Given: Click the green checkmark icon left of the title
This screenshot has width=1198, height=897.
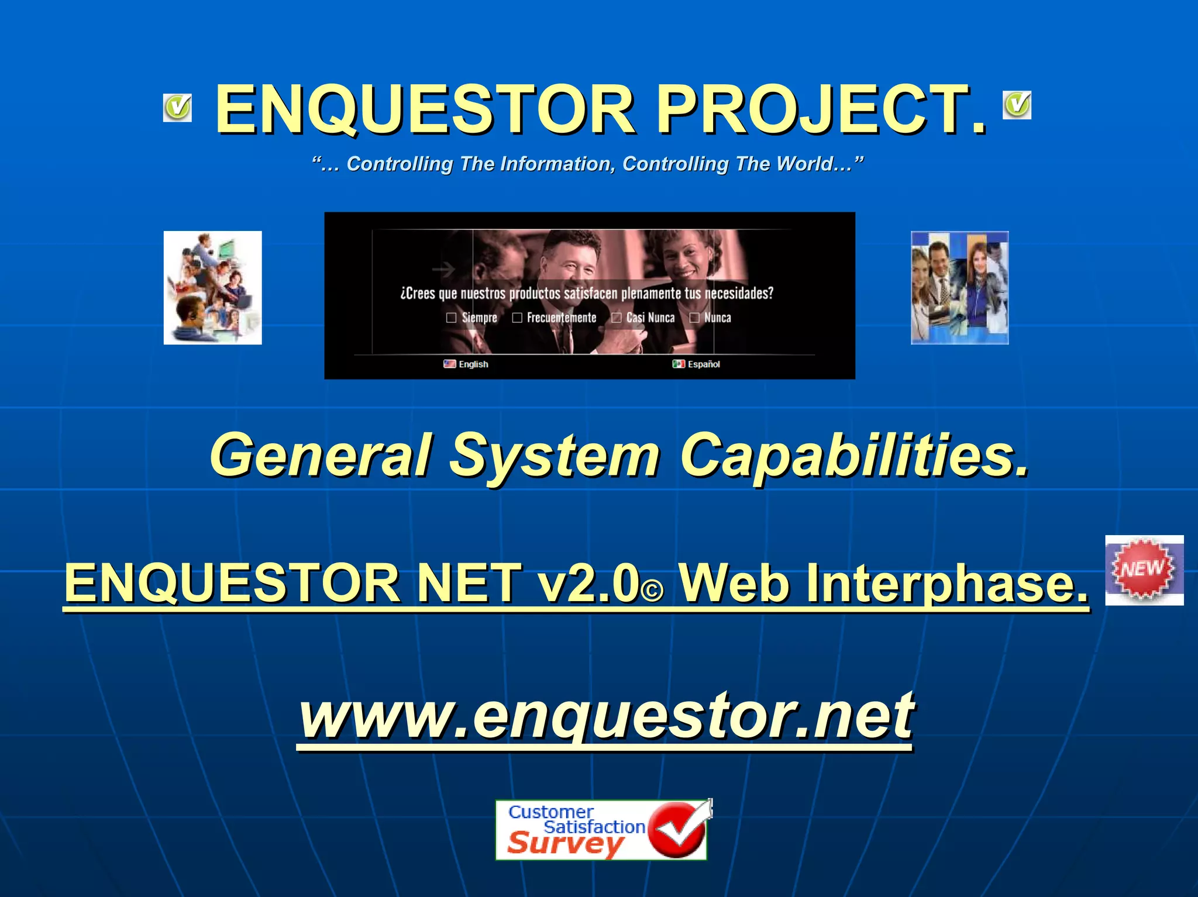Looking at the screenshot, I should point(177,108).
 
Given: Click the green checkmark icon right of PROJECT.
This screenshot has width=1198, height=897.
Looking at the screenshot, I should point(1017,105).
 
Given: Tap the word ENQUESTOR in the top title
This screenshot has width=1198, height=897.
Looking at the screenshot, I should point(425,109).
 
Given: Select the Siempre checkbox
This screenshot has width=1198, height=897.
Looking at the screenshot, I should point(451,318).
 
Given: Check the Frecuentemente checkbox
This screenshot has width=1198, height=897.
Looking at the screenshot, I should point(517,318).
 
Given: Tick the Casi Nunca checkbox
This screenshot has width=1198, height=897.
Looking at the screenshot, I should point(617,318).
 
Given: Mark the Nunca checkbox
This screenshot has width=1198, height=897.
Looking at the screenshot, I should point(694,318).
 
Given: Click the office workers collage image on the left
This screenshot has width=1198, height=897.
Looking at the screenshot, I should point(212,288).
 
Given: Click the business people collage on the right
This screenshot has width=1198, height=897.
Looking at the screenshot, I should point(959,288).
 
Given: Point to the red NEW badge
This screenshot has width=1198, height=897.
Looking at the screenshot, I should point(1143,570).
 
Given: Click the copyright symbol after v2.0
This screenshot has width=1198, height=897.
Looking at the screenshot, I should point(653,591).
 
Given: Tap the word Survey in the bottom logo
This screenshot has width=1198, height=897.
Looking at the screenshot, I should point(565,844).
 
